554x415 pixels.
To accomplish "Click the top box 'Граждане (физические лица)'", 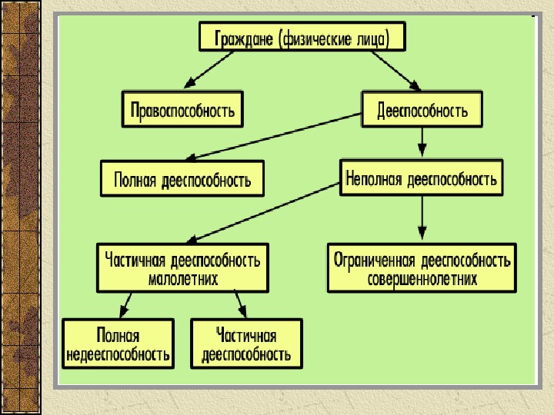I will coord(302,36).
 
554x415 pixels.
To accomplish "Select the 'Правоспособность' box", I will coord(182,109).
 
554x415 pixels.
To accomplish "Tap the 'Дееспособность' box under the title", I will coord(422,109).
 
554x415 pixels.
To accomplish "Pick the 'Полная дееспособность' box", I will coord(182,178).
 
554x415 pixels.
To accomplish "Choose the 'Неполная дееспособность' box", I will coord(422,178).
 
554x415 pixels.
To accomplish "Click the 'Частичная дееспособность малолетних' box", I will coord(182,268).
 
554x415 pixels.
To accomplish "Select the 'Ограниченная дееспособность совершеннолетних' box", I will coord(422,268).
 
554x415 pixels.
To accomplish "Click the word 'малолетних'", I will coord(182,278).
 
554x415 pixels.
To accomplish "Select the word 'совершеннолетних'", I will coord(422,278).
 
